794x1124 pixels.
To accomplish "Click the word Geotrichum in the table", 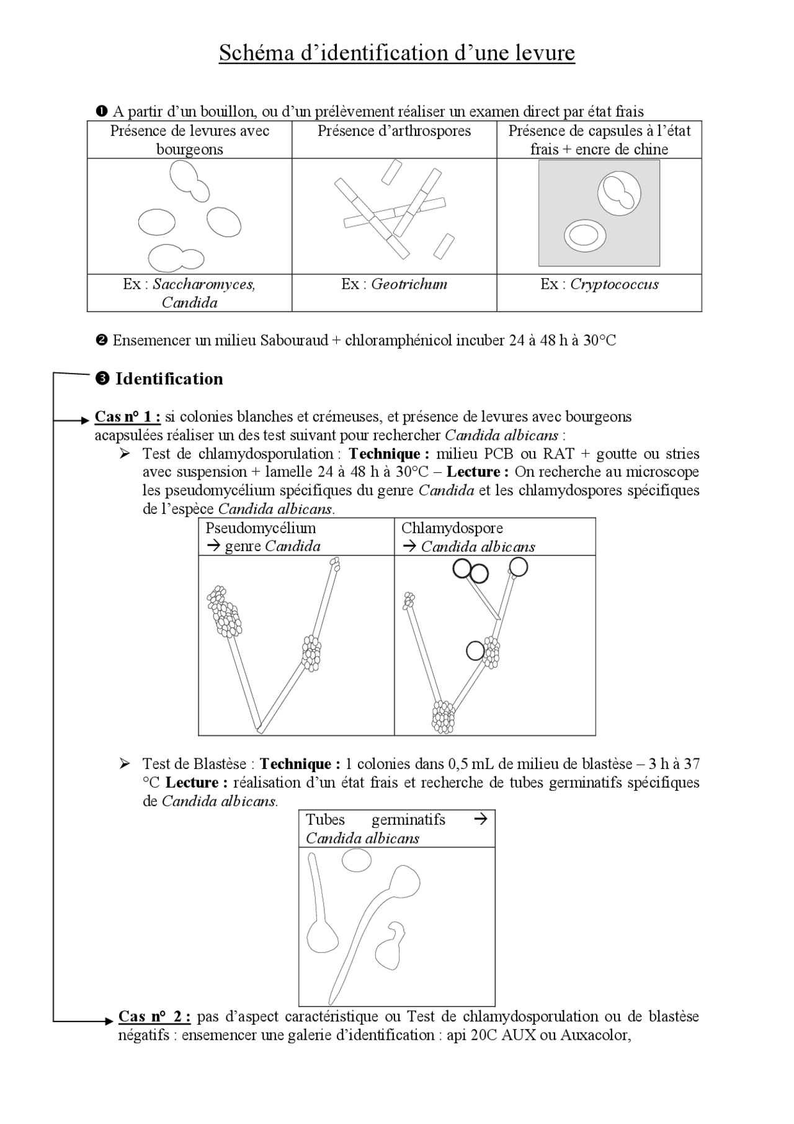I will [409, 284].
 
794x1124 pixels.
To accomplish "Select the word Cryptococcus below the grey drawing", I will [614, 284].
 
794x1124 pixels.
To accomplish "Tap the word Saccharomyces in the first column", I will [203, 284].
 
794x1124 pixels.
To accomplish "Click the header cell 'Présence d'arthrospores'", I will [394, 131].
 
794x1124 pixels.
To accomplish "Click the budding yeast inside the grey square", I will [618, 194].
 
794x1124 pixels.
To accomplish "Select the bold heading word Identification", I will [169, 379].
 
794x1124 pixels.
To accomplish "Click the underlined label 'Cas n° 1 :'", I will [127, 416].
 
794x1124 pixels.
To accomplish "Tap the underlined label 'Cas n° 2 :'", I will [154, 1017].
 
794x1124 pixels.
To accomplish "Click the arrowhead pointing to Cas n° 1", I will [86, 421].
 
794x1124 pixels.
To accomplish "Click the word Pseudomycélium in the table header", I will [261, 528].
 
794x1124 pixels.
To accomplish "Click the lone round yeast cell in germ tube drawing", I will [357, 860].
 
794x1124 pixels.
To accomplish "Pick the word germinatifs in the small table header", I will [408, 820].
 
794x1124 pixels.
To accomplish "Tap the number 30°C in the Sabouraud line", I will [599, 341].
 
